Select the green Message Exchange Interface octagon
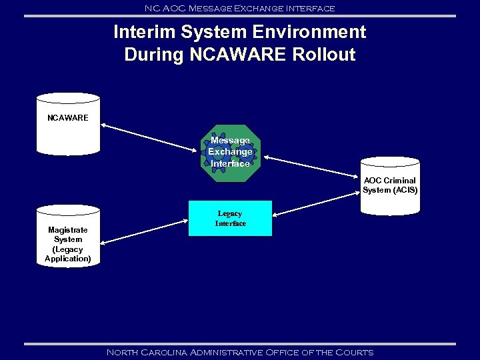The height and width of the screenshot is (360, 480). click(230, 153)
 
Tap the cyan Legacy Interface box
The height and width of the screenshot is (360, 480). click(230, 219)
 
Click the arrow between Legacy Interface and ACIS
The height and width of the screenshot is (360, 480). click(317, 204)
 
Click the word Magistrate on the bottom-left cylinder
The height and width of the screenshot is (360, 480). click(68, 230)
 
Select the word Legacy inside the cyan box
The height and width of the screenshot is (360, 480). click(230, 214)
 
